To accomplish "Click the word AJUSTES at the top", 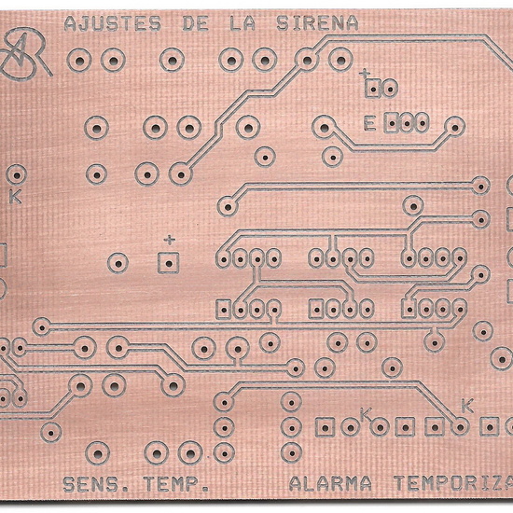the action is [x=113, y=24].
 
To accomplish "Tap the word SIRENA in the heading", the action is [x=317, y=23].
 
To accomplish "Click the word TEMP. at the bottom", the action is [x=176, y=484].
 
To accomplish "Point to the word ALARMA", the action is [x=330, y=483].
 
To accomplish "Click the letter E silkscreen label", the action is [x=369, y=124].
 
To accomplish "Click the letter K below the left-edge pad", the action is [x=15, y=196].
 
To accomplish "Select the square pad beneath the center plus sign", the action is [x=169, y=263].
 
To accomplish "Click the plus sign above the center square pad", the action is [x=169, y=240].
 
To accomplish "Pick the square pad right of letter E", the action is [x=392, y=123].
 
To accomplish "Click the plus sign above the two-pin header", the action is [x=365, y=74].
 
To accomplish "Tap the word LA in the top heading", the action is [x=242, y=23].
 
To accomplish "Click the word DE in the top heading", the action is [x=195, y=23].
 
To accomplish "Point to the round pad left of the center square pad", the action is [x=118, y=263].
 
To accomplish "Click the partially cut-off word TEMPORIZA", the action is [x=453, y=483].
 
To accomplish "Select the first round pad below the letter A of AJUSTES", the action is [x=79, y=61].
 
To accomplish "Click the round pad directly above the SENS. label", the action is [x=98, y=453].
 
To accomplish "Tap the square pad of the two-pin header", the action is [x=373, y=88].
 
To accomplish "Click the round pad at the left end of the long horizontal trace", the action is [x=42, y=326].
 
